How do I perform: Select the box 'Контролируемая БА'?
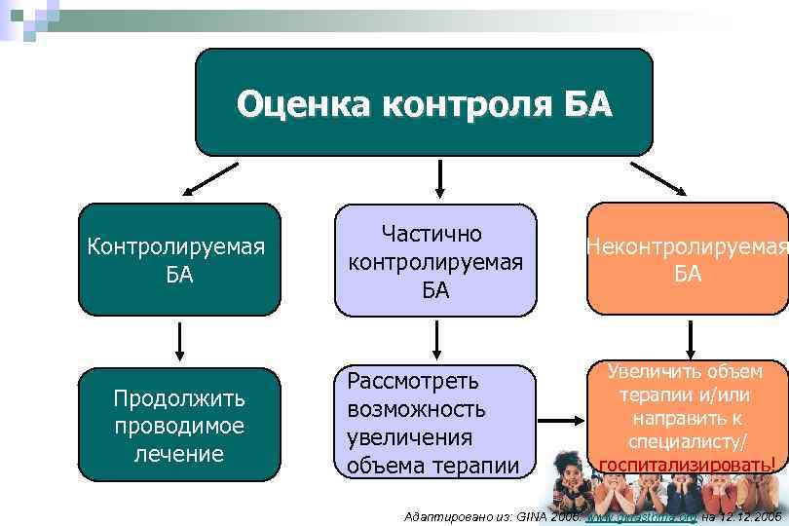[179, 259]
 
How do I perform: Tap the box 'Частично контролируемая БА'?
[435, 260]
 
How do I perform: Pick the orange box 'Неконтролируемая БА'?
[687, 259]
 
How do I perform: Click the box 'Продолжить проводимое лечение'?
[179, 425]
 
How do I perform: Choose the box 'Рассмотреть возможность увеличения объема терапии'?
[434, 422]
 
